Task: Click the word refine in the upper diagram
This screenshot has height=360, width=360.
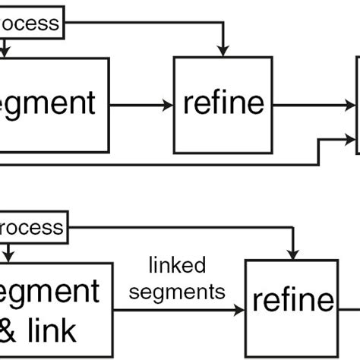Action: click(x=223, y=104)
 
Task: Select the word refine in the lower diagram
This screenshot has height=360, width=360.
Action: click(x=292, y=301)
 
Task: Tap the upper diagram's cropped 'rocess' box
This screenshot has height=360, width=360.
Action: click(x=30, y=23)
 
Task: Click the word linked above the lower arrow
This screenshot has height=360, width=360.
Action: click(x=177, y=265)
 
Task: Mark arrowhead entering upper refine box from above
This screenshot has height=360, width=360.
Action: click(x=222, y=50)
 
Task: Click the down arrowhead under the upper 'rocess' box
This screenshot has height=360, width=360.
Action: click(x=5, y=52)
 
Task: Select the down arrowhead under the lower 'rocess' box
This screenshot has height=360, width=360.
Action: click(x=7, y=257)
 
